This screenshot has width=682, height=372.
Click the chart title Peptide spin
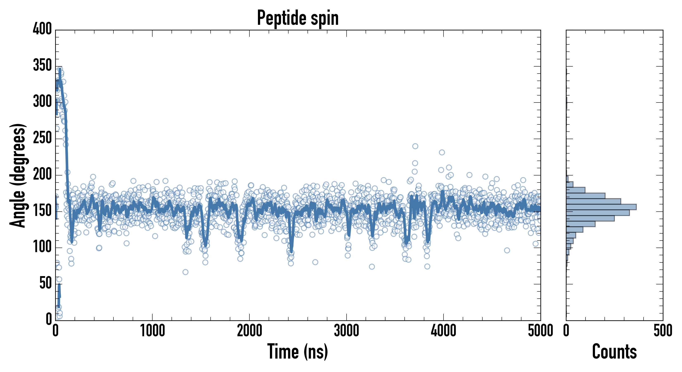point(298,18)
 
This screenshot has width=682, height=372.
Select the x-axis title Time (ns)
point(298,351)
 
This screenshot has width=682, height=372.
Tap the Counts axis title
point(614,351)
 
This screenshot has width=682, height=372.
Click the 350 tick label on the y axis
point(42,65)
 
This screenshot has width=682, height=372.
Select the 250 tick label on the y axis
point(42,138)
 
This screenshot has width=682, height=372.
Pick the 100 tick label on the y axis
point(42,247)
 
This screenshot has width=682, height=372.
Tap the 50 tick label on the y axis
point(45,283)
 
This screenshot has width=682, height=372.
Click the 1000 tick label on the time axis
point(153,331)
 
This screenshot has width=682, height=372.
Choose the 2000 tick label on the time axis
point(249,331)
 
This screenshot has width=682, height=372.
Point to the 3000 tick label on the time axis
point(346,331)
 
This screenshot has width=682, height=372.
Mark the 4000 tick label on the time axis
point(444,331)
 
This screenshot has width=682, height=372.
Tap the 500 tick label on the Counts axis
point(663,331)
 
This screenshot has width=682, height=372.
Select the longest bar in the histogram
point(601,207)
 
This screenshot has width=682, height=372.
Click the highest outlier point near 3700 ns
point(415,146)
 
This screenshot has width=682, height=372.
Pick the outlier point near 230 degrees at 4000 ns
point(442,152)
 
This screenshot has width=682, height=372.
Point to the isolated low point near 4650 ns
point(507,250)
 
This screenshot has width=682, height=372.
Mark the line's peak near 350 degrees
point(60,69)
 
